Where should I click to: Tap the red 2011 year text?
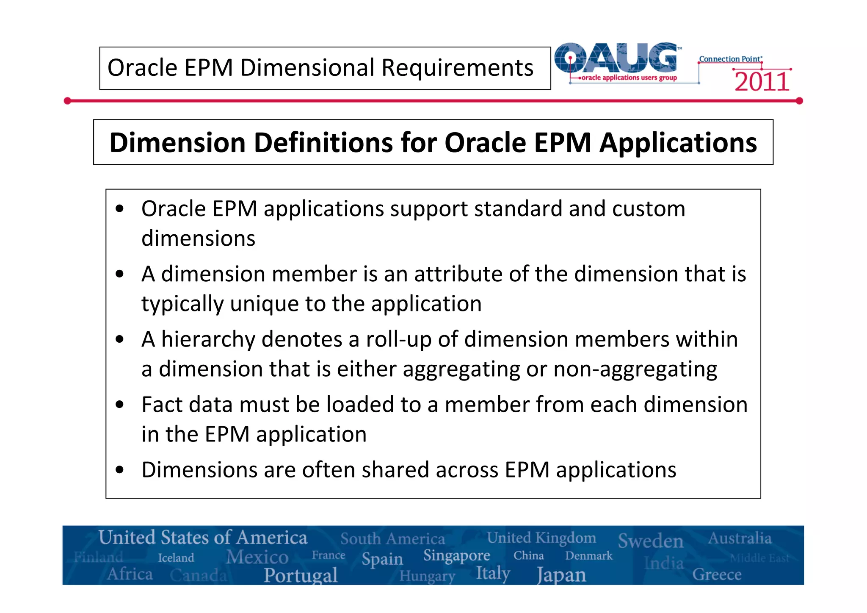click(762, 82)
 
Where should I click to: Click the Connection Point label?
click(730, 59)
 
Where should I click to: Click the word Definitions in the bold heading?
click(324, 143)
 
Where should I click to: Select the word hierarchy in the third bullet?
click(209, 340)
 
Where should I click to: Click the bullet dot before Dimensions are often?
click(120, 470)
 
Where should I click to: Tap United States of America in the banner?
click(203, 538)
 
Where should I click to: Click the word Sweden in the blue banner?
click(650, 541)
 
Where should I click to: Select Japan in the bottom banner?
click(561, 575)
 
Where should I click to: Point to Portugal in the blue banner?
click(301, 575)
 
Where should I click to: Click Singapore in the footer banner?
click(456, 555)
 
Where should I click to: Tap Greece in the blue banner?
click(717, 575)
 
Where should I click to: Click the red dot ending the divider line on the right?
click(799, 101)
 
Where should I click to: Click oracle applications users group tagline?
click(629, 78)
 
